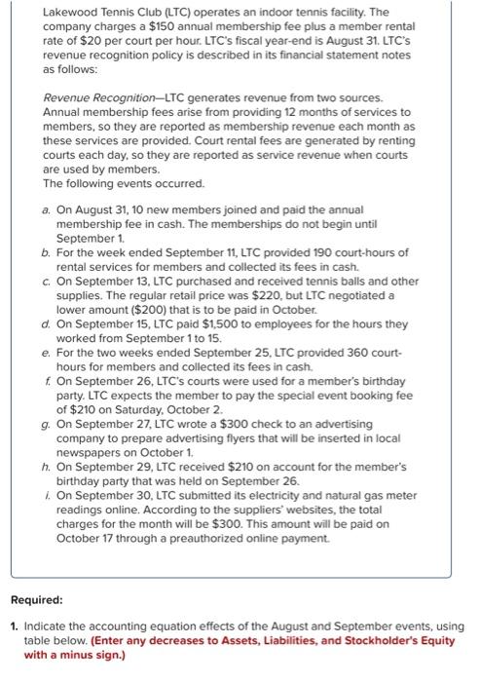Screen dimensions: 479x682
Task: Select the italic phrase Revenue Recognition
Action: tap(92, 98)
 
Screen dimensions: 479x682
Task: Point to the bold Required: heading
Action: tap(38, 601)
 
